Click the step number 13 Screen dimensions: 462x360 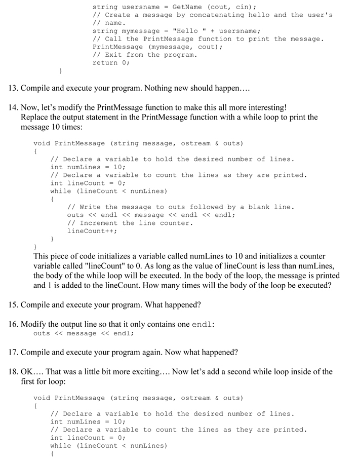point(13,89)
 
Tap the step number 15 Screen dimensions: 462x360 point(13,305)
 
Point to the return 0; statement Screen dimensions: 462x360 point(111,63)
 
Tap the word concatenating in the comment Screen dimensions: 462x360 point(213,15)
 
